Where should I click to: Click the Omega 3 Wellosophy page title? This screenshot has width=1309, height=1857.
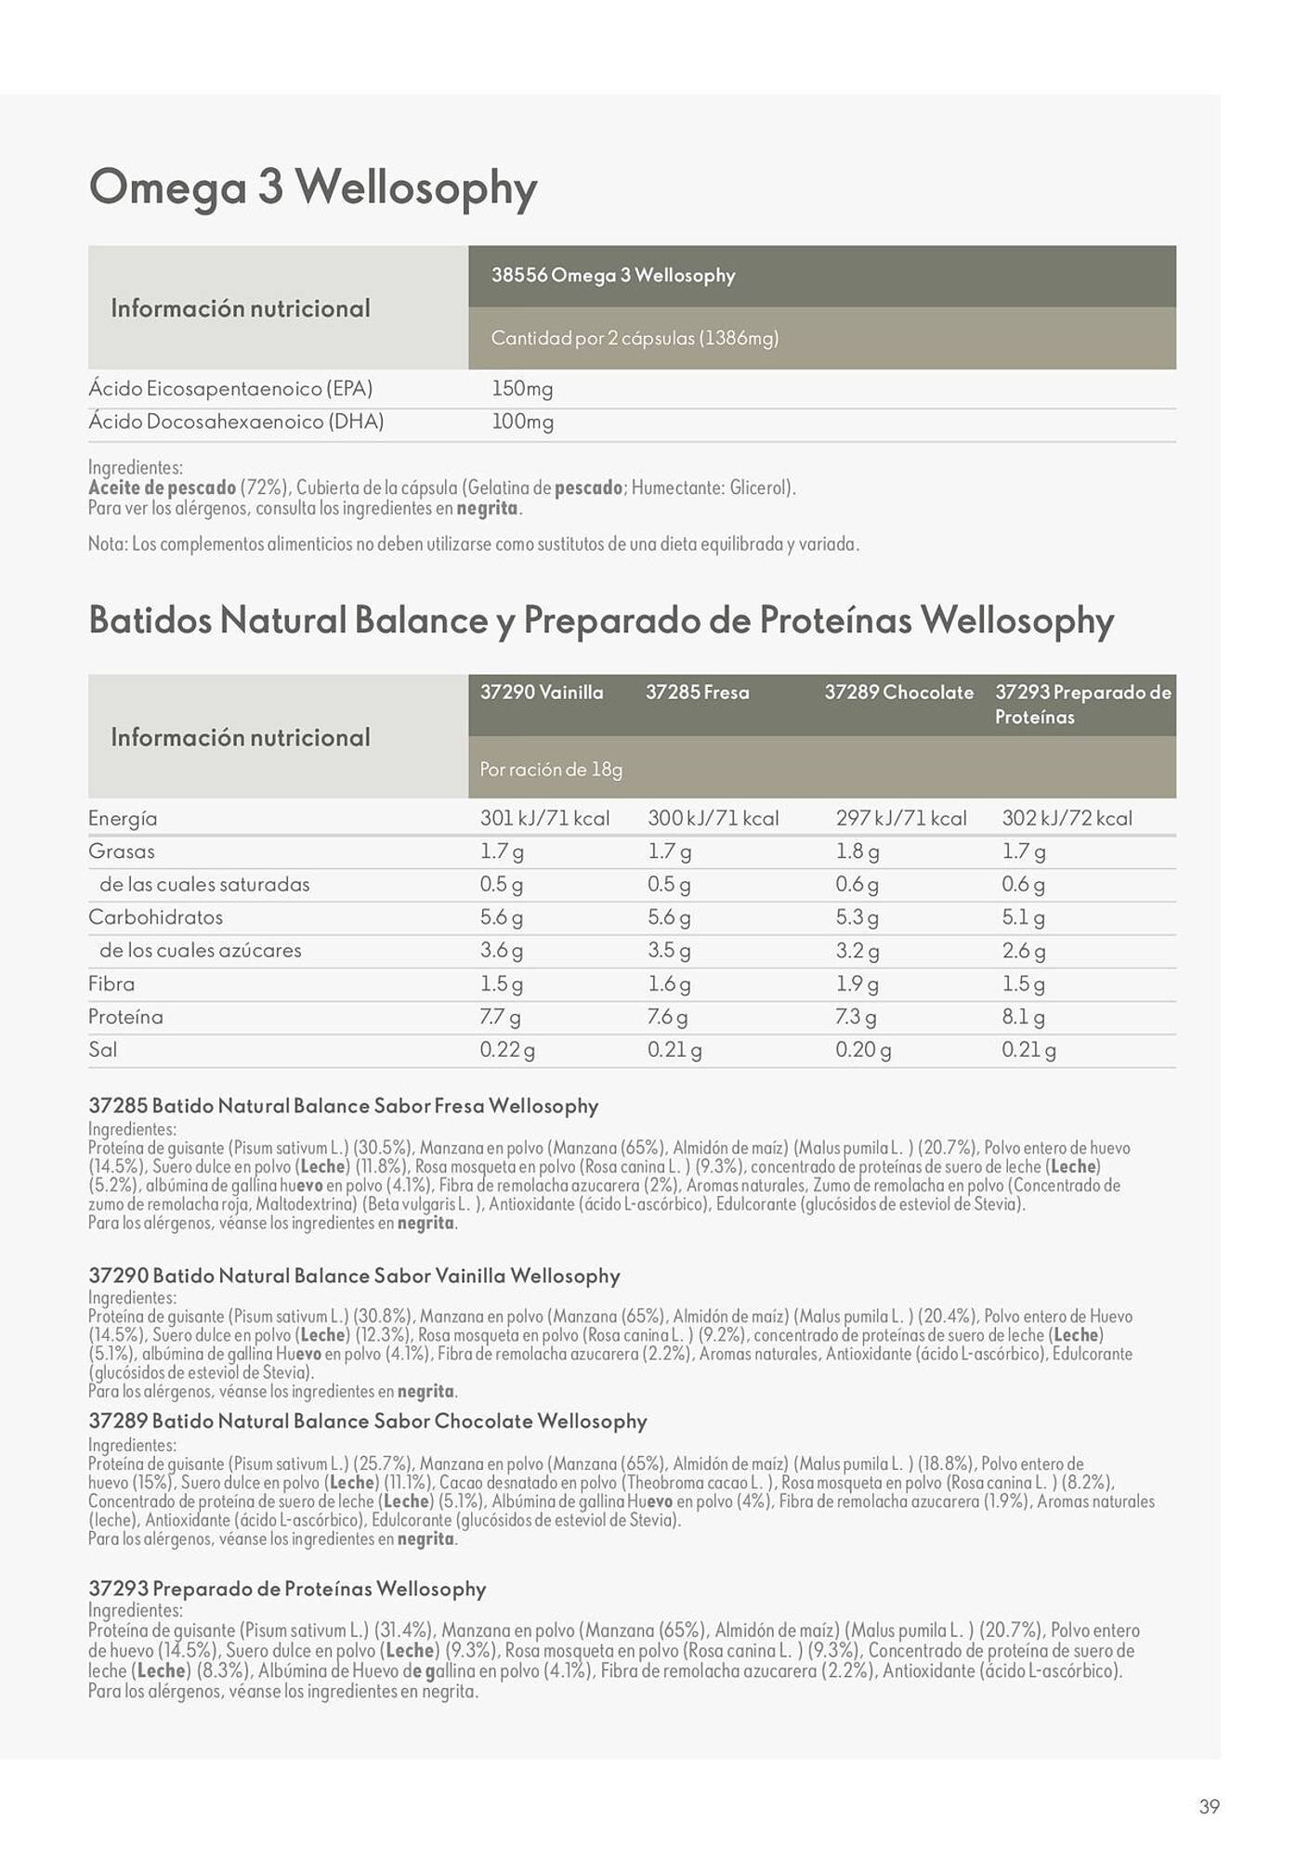(x=312, y=188)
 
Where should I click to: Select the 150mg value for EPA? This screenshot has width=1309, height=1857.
(x=521, y=389)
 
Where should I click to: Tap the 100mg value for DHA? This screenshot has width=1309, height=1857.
(x=521, y=422)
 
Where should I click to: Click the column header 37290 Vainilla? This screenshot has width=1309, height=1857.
(x=541, y=693)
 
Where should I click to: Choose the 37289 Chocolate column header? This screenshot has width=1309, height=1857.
(x=898, y=693)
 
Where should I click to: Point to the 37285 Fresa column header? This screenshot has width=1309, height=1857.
(x=697, y=693)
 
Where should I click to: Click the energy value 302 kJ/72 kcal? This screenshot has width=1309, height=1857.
(x=1067, y=819)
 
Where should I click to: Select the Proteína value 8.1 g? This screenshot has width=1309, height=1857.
(x=1023, y=1018)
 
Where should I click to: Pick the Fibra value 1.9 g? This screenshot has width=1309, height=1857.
(x=857, y=984)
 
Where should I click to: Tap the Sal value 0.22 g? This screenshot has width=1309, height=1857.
(x=506, y=1050)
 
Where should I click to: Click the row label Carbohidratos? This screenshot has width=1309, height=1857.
(x=155, y=917)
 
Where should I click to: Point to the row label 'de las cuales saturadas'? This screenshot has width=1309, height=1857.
(x=204, y=885)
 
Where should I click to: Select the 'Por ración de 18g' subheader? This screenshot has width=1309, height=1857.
(x=551, y=770)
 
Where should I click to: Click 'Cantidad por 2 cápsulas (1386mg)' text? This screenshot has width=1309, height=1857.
(x=635, y=339)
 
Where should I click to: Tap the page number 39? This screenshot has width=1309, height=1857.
(x=1209, y=1807)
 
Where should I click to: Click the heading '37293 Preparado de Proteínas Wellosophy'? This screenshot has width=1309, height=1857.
(x=287, y=1589)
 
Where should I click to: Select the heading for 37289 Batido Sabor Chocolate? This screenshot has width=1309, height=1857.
(x=367, y=1422)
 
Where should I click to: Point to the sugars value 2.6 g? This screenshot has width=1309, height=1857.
(x=1023, y=951)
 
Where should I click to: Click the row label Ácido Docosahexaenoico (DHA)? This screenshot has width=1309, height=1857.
(x=236, y=422)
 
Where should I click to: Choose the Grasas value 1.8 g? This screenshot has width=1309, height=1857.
(x=857, y=851)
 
